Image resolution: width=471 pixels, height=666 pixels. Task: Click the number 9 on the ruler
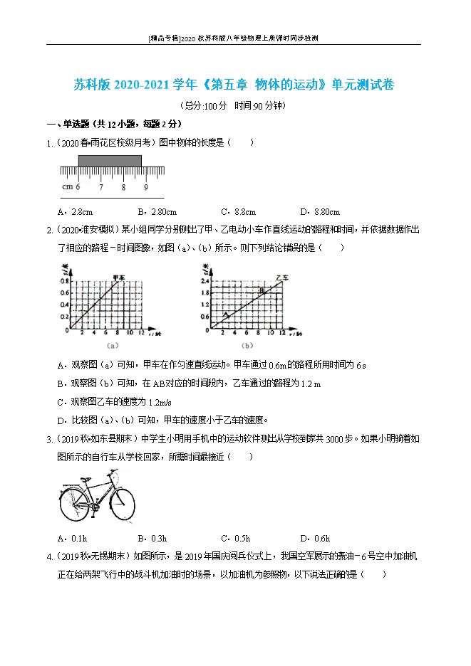tap(145, 187)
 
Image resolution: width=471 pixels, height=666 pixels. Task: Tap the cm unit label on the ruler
tap(67, 187)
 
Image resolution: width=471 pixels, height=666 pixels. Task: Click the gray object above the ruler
tap(110, 162)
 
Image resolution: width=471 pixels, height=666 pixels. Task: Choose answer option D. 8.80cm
tap(320, 211)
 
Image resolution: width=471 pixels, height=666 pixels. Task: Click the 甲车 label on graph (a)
tap(118, 277)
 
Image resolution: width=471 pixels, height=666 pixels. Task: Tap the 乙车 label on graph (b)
tap(281, 277)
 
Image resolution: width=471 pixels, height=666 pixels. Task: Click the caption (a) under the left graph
tap(111, 345)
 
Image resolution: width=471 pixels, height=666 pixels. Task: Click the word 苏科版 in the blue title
tap(92, 85)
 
